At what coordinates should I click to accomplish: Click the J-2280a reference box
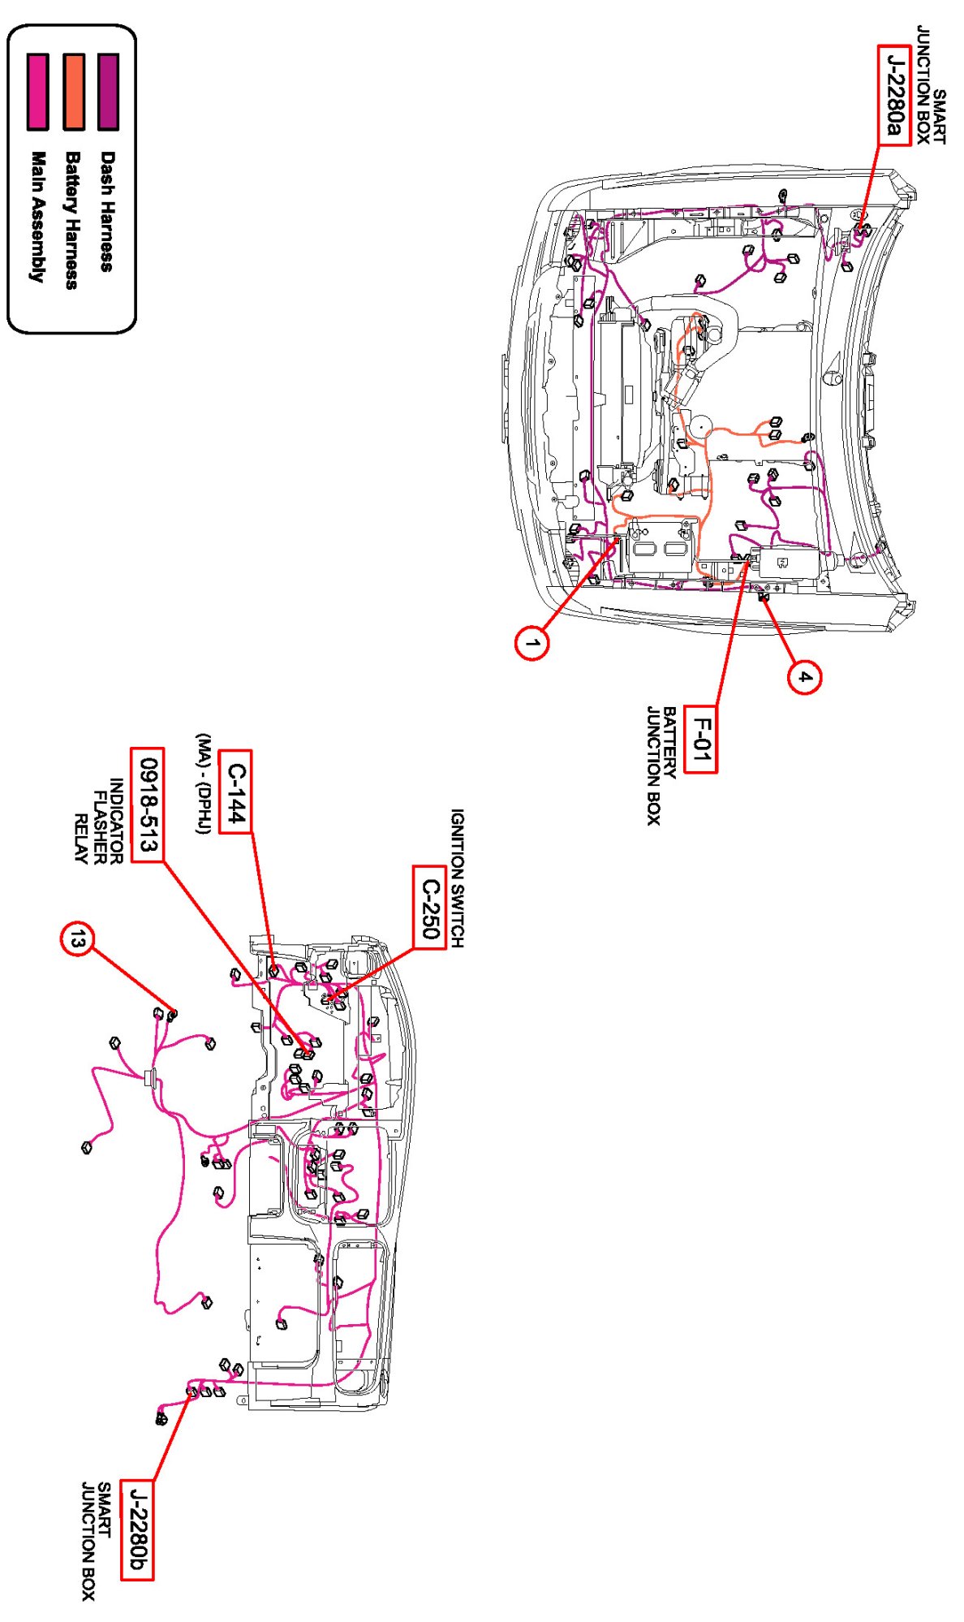click(x=893, y=95)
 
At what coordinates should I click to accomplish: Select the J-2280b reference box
click(x=136, y=1529)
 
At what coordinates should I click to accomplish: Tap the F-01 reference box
click(x=699, y=740)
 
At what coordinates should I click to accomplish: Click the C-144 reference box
click(x=235, y=792)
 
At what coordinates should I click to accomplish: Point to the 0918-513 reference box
click(x=147, y=805)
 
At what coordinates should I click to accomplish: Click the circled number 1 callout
click(x=531, y=644)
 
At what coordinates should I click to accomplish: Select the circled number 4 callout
click(x=803, y=676)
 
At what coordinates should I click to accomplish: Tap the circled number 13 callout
click(x=77, y=939)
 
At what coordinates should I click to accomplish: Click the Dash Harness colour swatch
click(x=108, y=92)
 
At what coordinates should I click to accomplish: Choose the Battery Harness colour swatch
click(x=73, y=92)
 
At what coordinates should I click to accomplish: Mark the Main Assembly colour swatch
click(x=37, y=92)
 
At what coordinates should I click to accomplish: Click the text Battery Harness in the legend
click(x=72, y=220)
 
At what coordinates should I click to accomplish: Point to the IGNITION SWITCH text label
click(x=458, y=878)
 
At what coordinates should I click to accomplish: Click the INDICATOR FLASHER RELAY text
click(x=98, y=821)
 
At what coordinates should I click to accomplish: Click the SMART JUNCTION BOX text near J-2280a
click(x=931, y=85)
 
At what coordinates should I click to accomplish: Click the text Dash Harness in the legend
click(x=107, y=211)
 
